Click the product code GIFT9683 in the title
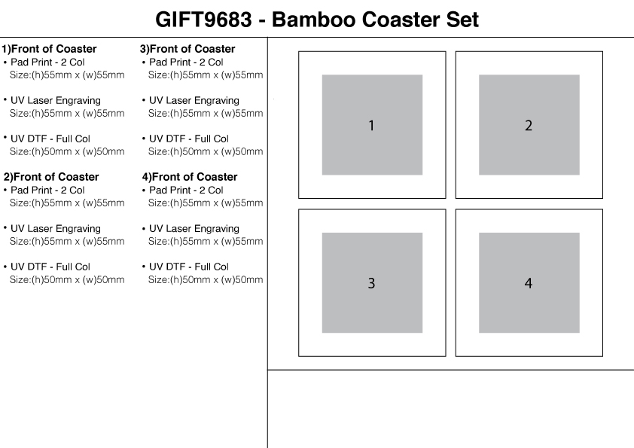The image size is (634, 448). coord(203,20)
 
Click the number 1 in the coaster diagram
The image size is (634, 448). coord(371,126)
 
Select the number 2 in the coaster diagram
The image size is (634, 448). coord(529,126)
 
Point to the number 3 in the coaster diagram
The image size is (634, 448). coord(371,284)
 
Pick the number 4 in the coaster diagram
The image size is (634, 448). coord(529,284)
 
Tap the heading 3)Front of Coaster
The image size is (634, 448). coord(187,49)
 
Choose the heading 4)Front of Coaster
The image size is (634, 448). coord(189,177)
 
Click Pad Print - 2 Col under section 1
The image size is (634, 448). coord(47,62)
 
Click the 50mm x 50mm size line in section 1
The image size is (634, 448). coord(67,151)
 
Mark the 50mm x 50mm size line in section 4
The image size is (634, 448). coord(206,280)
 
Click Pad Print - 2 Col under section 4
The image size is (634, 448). coord(186,190)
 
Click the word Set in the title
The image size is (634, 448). coord(460,20)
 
